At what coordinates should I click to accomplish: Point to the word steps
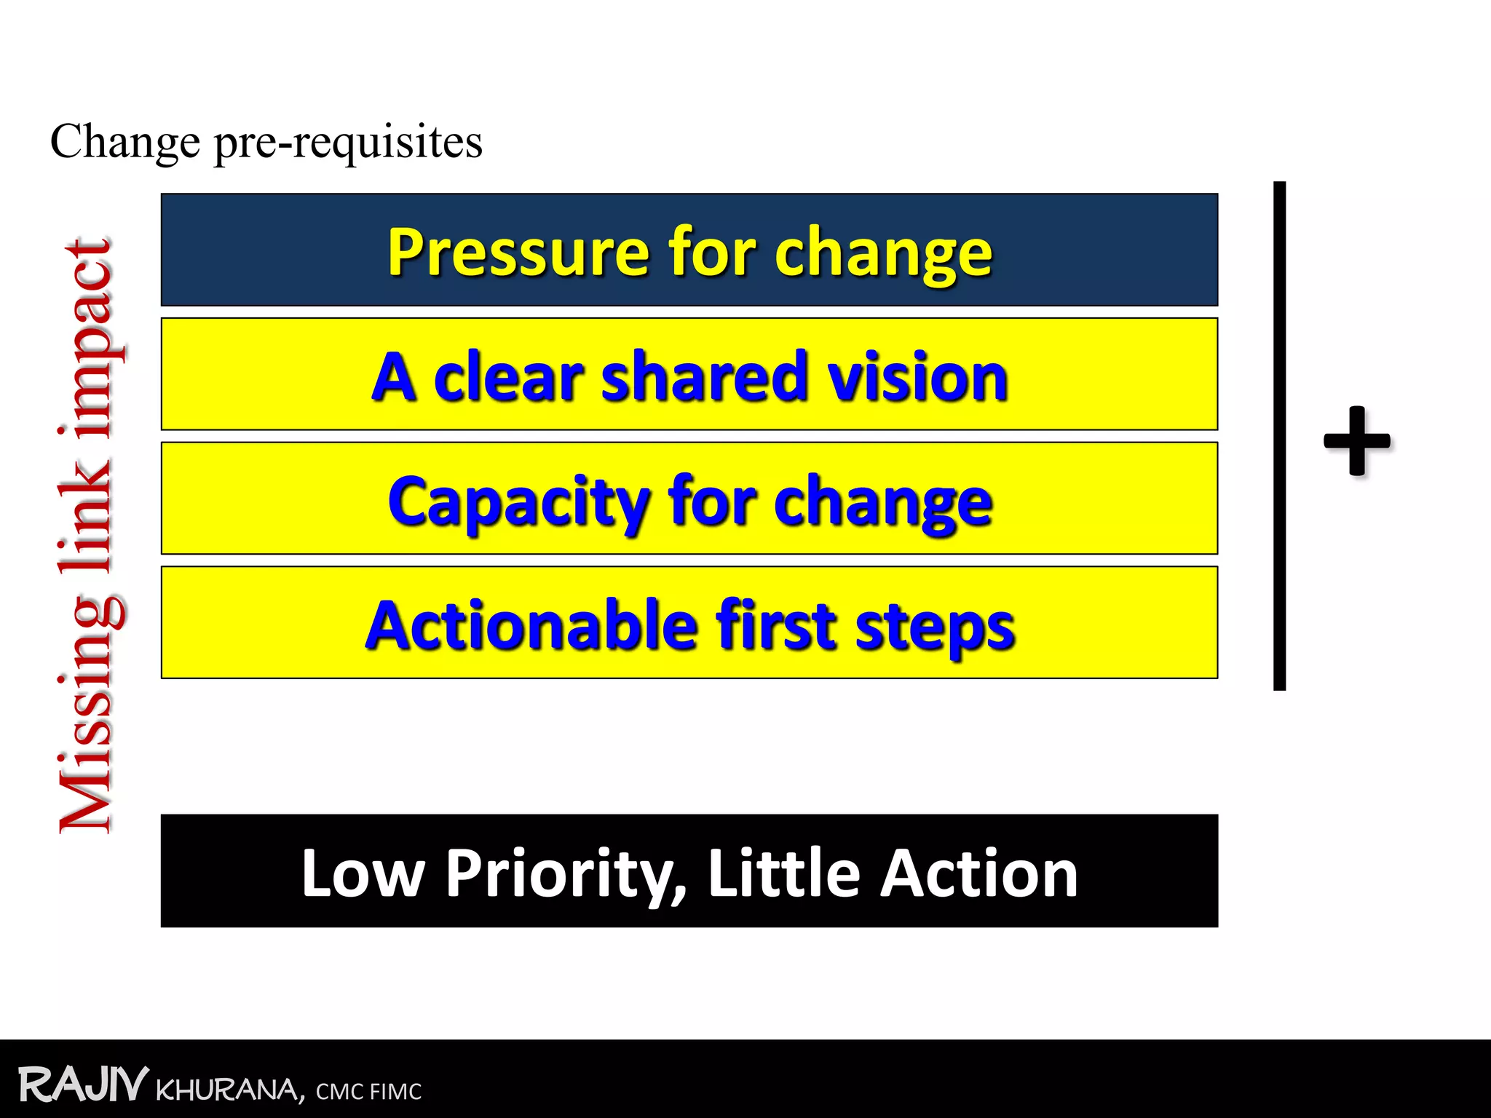tap(935, 627)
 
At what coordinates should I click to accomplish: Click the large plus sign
tap(1357, 441)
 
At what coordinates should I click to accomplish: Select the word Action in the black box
tap(978, 873)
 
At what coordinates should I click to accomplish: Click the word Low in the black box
tap(363, 873)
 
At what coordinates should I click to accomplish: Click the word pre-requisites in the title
tap(348, 142)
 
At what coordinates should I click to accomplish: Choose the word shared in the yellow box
tap(703, 377)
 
